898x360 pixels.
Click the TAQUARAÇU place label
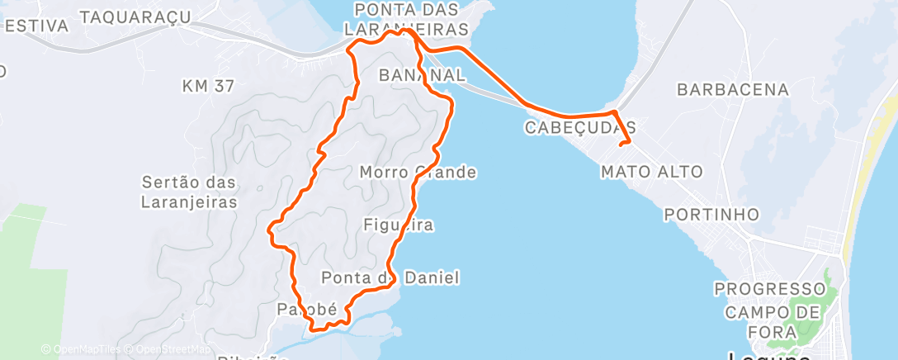[x=137, y=16]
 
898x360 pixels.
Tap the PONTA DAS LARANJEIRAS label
[x=411, y=19]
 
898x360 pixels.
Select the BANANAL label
[x=422, y=75]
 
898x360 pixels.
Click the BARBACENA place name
[x=733, y=89]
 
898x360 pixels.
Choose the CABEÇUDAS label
[x=580, y=128]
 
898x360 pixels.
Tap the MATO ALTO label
[x=652, y=172]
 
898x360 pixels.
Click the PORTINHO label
[x=711, y=215]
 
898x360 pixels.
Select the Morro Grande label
[x=418, y=173]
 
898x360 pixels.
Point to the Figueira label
[x=399, y=224]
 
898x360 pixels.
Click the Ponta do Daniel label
[x=390, y=277]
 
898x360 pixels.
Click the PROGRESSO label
[x=770, y=289]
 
